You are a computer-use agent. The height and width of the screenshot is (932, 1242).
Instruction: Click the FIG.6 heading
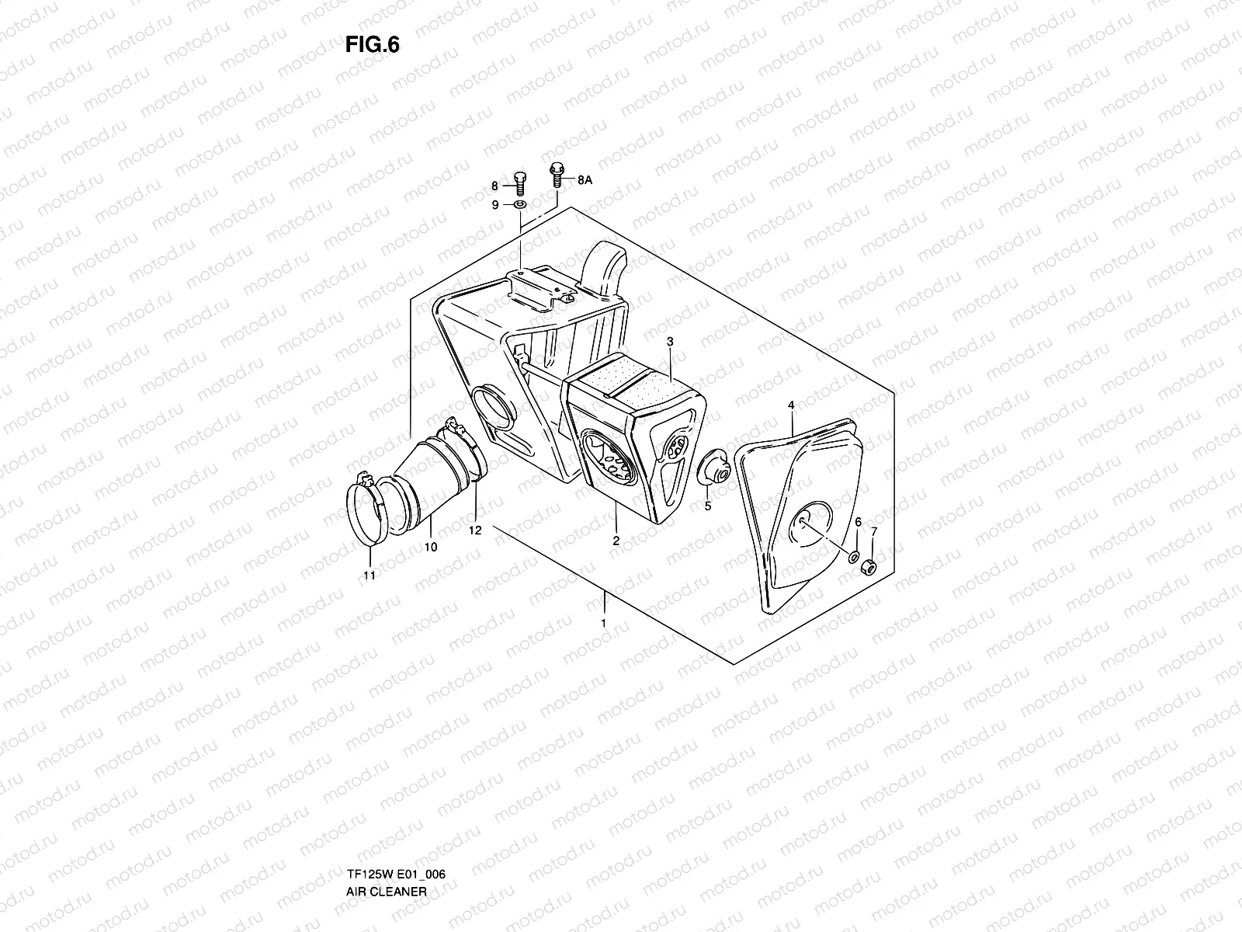[373, 46]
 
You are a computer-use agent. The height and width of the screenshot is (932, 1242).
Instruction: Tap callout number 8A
[584, 179]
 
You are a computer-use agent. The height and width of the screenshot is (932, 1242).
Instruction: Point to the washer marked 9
[520, 205]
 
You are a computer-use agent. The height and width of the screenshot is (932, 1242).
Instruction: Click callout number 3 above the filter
[670, 341]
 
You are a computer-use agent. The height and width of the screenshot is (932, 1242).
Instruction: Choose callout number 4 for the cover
[790, 405]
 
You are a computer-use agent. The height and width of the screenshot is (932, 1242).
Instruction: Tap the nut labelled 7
[870, 569]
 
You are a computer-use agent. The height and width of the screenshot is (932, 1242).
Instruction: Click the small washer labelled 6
[853, 558]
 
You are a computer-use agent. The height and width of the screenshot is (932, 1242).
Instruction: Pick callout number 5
[707, 506]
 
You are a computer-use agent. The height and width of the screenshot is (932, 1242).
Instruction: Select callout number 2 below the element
[616, 541]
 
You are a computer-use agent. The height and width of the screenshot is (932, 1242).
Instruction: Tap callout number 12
[475, 530]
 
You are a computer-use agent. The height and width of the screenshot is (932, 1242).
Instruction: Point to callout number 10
[431, 547]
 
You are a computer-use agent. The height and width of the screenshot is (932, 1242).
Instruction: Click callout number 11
[369, 576]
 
